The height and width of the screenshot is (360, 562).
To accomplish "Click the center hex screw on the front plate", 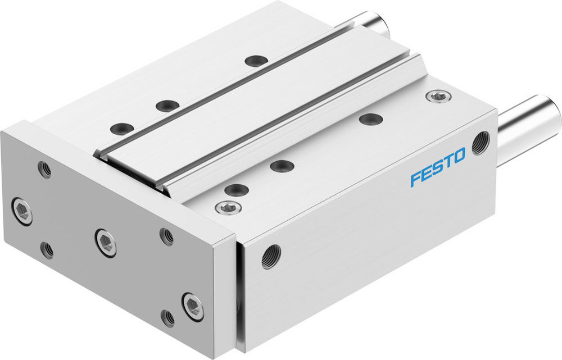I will [x=106, y=243].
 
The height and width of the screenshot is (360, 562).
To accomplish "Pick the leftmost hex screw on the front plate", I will [x=22, y=211].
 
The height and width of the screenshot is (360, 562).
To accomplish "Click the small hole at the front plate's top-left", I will [x=44, y=169].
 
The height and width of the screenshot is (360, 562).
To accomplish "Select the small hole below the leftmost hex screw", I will [x=48, y=250].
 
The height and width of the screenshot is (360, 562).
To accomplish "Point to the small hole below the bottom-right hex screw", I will [x=167, y=318].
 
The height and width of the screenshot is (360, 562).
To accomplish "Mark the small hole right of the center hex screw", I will [x=166, y=236].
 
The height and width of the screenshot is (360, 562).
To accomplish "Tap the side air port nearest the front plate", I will [x=270, y=257].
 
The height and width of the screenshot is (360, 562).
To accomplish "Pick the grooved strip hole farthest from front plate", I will [x=257, y=61].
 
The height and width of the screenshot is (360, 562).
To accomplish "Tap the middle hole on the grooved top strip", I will [x=167, y=106].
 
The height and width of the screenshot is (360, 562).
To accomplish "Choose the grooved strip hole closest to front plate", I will [x=121, y=129].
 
